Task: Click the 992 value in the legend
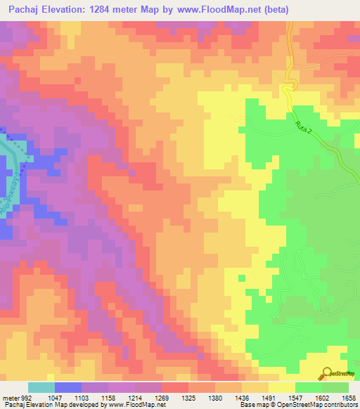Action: (27, 398)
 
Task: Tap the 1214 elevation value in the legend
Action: (136, 398)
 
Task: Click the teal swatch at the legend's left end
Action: (41, 387)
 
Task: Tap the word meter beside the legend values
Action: (10, 398)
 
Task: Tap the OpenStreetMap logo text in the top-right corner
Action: (340, 67)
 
